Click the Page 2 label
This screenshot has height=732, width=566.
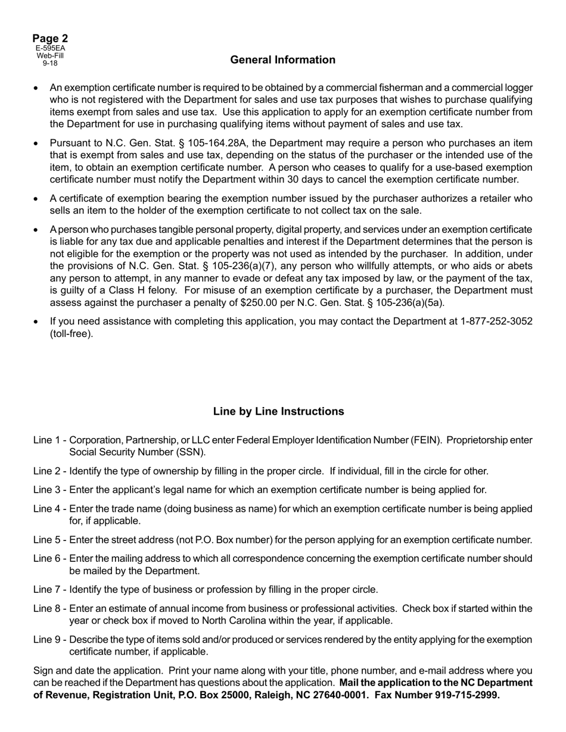(x=50, y=39)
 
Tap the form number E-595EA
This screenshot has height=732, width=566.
(x=50, y=48)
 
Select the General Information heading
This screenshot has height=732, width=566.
(x=282, y=60)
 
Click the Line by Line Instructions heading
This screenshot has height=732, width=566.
(x=278, y=411)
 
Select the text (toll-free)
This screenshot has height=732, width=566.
(x=71, y=333)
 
